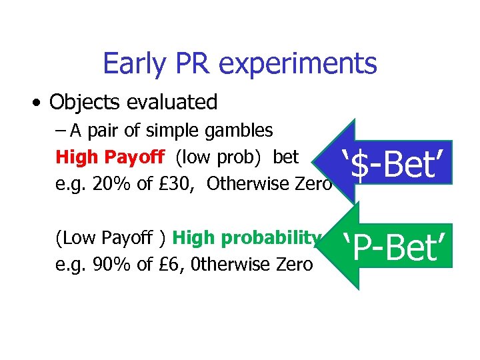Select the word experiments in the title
pyautogui.click(x=298, y=64)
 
